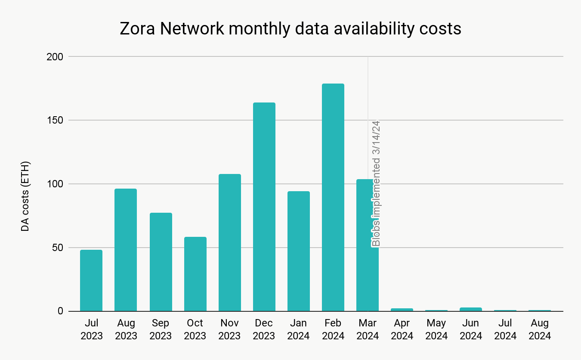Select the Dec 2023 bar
tap(264, 207)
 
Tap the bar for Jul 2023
tap(91, 280)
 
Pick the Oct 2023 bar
tap(195, 274)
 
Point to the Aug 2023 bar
tap(126, 250)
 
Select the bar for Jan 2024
tap(299, 251)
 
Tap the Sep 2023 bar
tap(161, 262)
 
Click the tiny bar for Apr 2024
tap(402, 310)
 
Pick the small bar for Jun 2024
tap(471, 309)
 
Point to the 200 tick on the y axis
tap(55, 57)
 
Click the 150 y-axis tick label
tap(55, 121)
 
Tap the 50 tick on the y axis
tap(57, 248)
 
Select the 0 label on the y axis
tap(60, 311)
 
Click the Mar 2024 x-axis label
tap(368, 329)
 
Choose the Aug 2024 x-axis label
tap(540, 329)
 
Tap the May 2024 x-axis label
tap(436, 329)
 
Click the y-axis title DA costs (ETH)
tap(25, 196)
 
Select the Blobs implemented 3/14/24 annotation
tap(376, 183)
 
